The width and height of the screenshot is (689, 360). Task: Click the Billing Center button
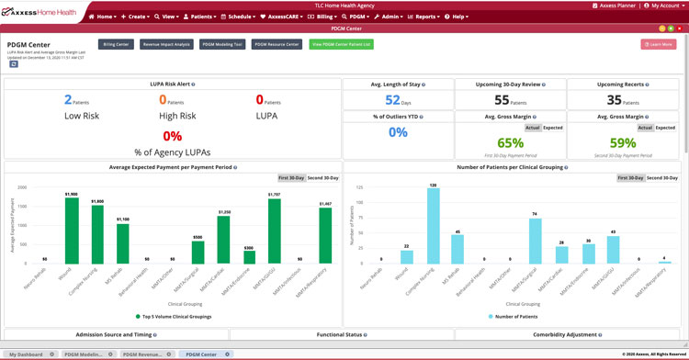[116, 44]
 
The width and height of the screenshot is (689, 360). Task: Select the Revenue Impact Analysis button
[166, 44]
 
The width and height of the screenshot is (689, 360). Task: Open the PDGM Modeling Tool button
[223, 44]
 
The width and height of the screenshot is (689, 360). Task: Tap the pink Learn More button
[658, 44]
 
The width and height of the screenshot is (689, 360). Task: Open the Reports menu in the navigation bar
[424, 17]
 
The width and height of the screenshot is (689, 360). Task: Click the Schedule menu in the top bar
[242, 17]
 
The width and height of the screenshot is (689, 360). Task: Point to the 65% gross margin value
[510, 143]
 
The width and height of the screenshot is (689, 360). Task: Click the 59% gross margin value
[623, 143]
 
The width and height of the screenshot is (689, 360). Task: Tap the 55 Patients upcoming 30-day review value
[512, 100]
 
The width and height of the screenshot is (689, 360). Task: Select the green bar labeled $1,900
[72, 225]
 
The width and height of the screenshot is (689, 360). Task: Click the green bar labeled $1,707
[274, 227]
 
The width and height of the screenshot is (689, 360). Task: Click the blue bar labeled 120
[433, 226]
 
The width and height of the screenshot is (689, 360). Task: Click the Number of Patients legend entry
[516, 315]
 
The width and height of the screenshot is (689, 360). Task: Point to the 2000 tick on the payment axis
[23, 186]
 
